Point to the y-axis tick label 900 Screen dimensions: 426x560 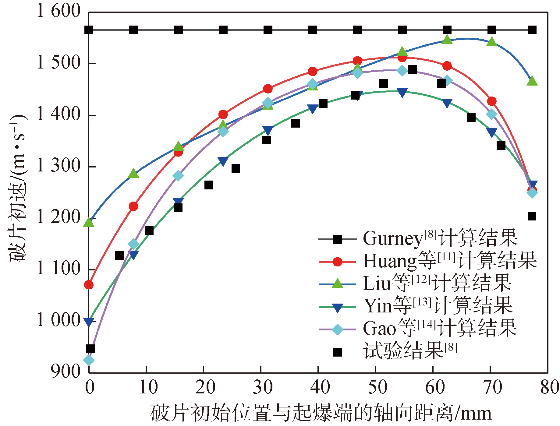pos(66,371)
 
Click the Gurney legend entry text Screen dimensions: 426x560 pos(440,238)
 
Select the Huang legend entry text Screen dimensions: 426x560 pos(450,261)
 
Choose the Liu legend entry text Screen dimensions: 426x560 pos(437,283)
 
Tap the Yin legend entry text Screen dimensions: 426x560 pos(438,306)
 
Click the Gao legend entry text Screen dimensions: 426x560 pos(440,328)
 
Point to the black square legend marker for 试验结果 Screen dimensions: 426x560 pos(338,352)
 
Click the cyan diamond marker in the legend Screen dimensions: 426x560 pos(338,329)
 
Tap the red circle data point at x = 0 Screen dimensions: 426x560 pos(89,285)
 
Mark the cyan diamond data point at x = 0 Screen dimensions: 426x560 pos(89,360)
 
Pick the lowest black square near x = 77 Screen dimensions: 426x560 pos(532,216)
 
